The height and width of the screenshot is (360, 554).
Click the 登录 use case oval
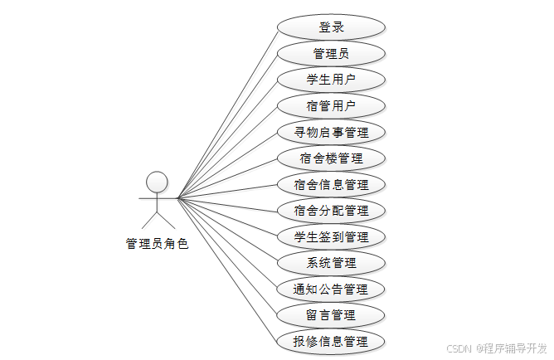pos(331,27)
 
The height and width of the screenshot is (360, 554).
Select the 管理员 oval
pos(331,54)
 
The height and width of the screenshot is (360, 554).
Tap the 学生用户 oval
pos(331,80)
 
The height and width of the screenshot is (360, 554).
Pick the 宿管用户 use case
pos(331,106)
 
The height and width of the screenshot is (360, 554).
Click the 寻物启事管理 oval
pos(331,132)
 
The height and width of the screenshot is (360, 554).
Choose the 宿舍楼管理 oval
pos(331,158)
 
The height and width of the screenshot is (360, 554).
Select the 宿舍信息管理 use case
pos(331,184)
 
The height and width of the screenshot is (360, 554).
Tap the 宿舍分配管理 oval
pos(331,211)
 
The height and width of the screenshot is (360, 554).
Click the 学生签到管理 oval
pos(331,237)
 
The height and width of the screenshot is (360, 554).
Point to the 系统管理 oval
pos(331,263)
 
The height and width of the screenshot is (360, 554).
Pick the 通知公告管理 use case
pos(331,289)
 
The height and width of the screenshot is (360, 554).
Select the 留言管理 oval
pos(331,315)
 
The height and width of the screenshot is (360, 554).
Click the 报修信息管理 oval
pos(331,342)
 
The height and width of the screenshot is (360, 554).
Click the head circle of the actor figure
pos(157,181)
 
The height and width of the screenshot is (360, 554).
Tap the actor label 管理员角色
pos(157,244)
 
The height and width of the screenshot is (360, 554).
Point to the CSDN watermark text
pos(459,348)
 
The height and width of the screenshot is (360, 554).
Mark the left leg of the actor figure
pos(149,220)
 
